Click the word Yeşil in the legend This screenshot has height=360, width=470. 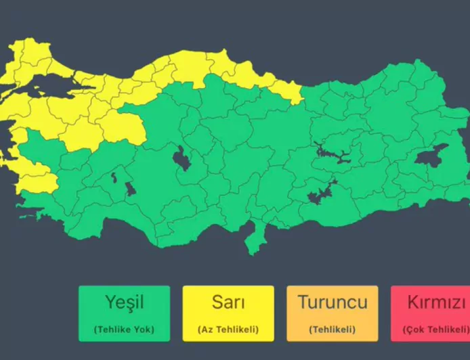[124, 302]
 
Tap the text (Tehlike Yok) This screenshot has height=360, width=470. [124, 330]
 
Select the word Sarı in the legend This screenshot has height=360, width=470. [228, 302]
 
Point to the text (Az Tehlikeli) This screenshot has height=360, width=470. [228, 330]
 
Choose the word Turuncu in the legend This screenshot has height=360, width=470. [333, 302]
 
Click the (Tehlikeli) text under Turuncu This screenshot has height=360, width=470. [333, 330]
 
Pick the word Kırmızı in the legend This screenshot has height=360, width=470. [437, 302]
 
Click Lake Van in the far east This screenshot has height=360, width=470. [431, 157]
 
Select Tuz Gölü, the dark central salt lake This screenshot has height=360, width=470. [181, 160]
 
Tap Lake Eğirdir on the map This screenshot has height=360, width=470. [114, 177]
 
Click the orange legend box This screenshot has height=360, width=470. [333, 313]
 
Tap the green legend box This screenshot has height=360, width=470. [124, 313]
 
